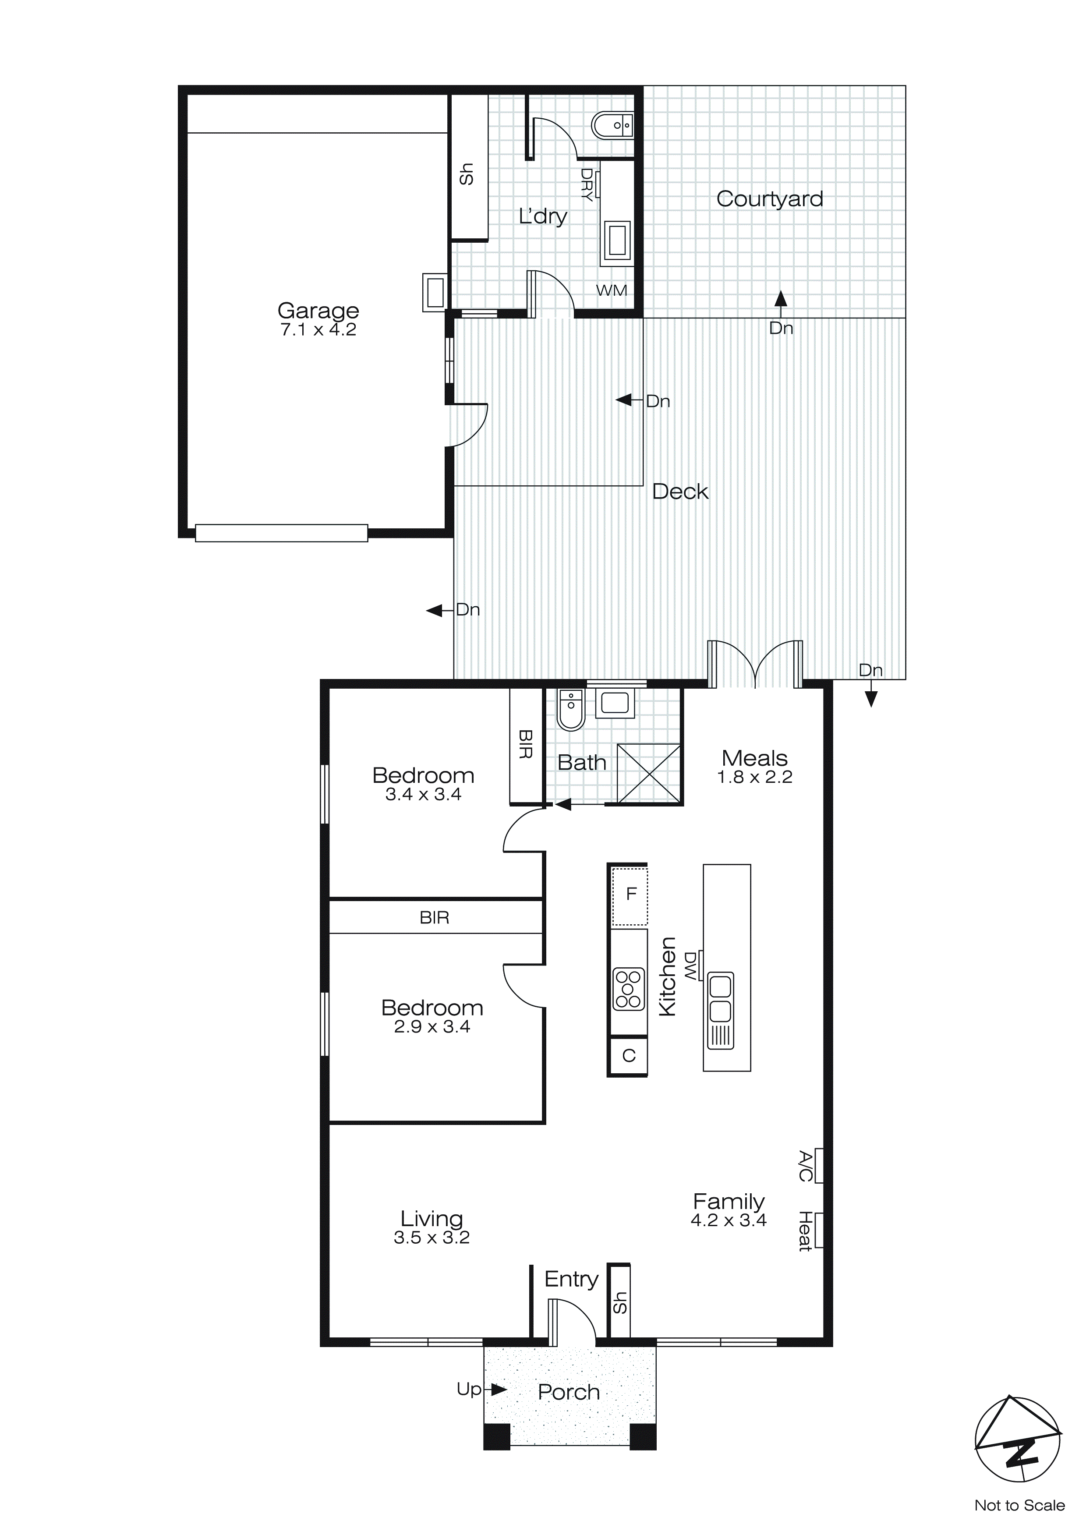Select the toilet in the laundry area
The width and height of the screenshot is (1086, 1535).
(x=611, y=124)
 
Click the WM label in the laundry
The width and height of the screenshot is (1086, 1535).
(x=611, y=290)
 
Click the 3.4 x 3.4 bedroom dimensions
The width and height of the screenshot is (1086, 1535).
(x=423, y=794)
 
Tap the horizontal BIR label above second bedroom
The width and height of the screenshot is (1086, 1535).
(x=434, y=918)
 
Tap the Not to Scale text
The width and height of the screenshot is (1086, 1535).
(x=1019, y=1505)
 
